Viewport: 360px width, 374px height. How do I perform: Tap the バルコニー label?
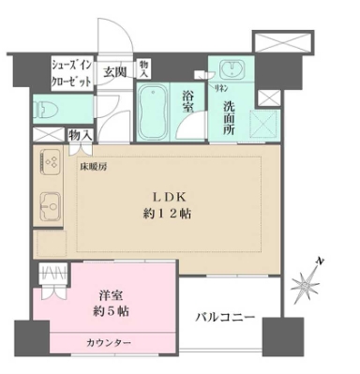click(224, 320)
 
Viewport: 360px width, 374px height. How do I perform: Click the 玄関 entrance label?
click(115, 72)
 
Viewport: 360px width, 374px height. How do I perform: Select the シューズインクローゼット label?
click(71, 74)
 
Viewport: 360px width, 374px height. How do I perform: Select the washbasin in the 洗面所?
click(231, 70)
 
